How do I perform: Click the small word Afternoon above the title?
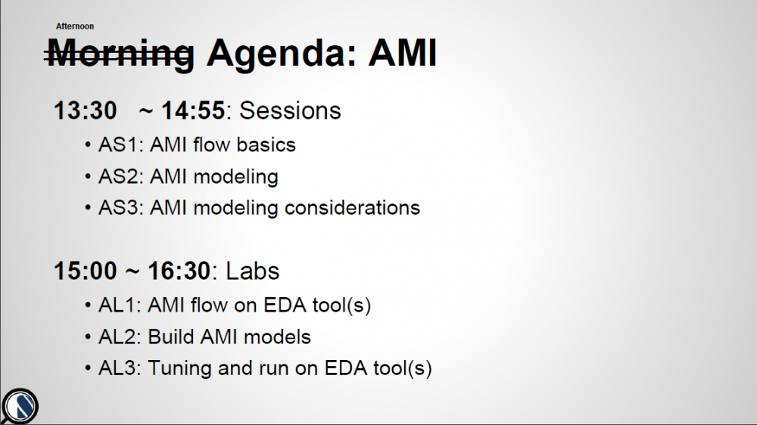[x=75, y=26]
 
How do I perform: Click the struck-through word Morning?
[x=120, y=53]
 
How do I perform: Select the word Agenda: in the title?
[x=281, y=54]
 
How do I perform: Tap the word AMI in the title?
[x=403, y=52]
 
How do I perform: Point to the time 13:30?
[x=86, y=110]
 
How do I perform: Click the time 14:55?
[x=193, y=110]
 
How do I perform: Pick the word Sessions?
[x=290, y=110]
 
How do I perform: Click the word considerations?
[x=353, y=208]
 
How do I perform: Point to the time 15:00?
[x=86, y=271]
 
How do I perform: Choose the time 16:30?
[x=179, y=271]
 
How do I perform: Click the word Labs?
[x=253, y=271]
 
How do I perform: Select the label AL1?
[x=120, y=306]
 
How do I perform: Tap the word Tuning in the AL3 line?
[x=180, y=368]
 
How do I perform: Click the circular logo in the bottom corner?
[x=20, y=406]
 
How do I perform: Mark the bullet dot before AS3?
[x=88, y=208]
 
